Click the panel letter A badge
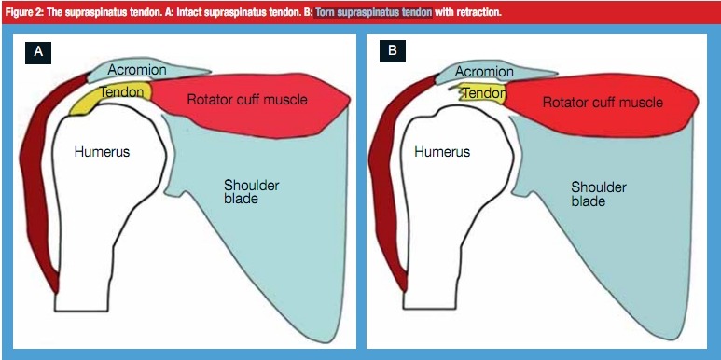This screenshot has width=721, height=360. coord(38,52)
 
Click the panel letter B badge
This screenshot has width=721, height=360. coord(393,51)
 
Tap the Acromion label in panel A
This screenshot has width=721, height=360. coord(136,70)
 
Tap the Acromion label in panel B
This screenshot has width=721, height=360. coord(484,72)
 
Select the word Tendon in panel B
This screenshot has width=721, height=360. coord(483,94)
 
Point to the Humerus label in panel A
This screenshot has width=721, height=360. coord(102,152)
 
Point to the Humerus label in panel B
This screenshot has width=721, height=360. coord(442,152)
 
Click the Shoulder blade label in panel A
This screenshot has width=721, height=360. coord(251,192)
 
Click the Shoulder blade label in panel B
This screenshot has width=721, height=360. coord(598,194)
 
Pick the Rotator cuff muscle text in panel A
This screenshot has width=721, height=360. coord(247,99)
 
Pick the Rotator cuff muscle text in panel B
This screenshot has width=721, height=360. coord(603,102)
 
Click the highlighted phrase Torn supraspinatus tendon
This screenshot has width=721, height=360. coord(373,12)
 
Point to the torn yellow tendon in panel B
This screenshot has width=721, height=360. coord(478,94)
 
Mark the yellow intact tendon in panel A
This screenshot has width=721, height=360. coord(110,99)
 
